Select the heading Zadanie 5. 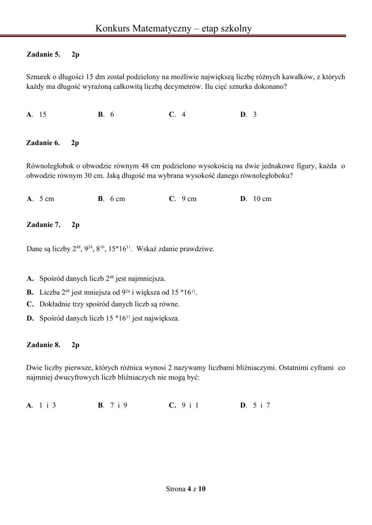click(x=43, y=54)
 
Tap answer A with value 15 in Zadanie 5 click(x=37, y=114)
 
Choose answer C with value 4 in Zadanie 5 click(x=177, y=114)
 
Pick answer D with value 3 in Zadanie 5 click(x=248, y=114)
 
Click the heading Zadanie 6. click(x=43, y=143)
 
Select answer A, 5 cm click(x=41, y=199)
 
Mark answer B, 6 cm click(x=112, y=199)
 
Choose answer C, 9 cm click(x=183, y=199)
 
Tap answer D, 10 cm click(x=256, y=199)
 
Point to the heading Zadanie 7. click(x=43, y=224)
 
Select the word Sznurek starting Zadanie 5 click(x=38, y=77)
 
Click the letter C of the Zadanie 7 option click(x=30, y=304)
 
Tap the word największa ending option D click(x=163, y=318)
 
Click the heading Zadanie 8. click(x=43, y=345)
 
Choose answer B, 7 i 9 click(x=113, y=405)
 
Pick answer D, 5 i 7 click(x=255, y=405)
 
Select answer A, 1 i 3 click(x=41, y=405)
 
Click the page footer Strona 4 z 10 click(x=186, y=489)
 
